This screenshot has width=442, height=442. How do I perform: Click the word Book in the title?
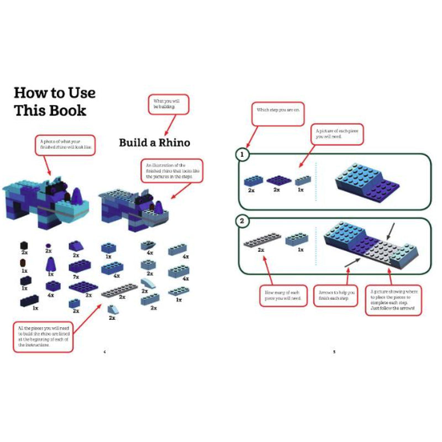click(67, 110)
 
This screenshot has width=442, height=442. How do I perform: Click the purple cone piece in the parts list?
click(51, 264)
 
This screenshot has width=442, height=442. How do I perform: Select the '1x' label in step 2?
click(300, 250)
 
